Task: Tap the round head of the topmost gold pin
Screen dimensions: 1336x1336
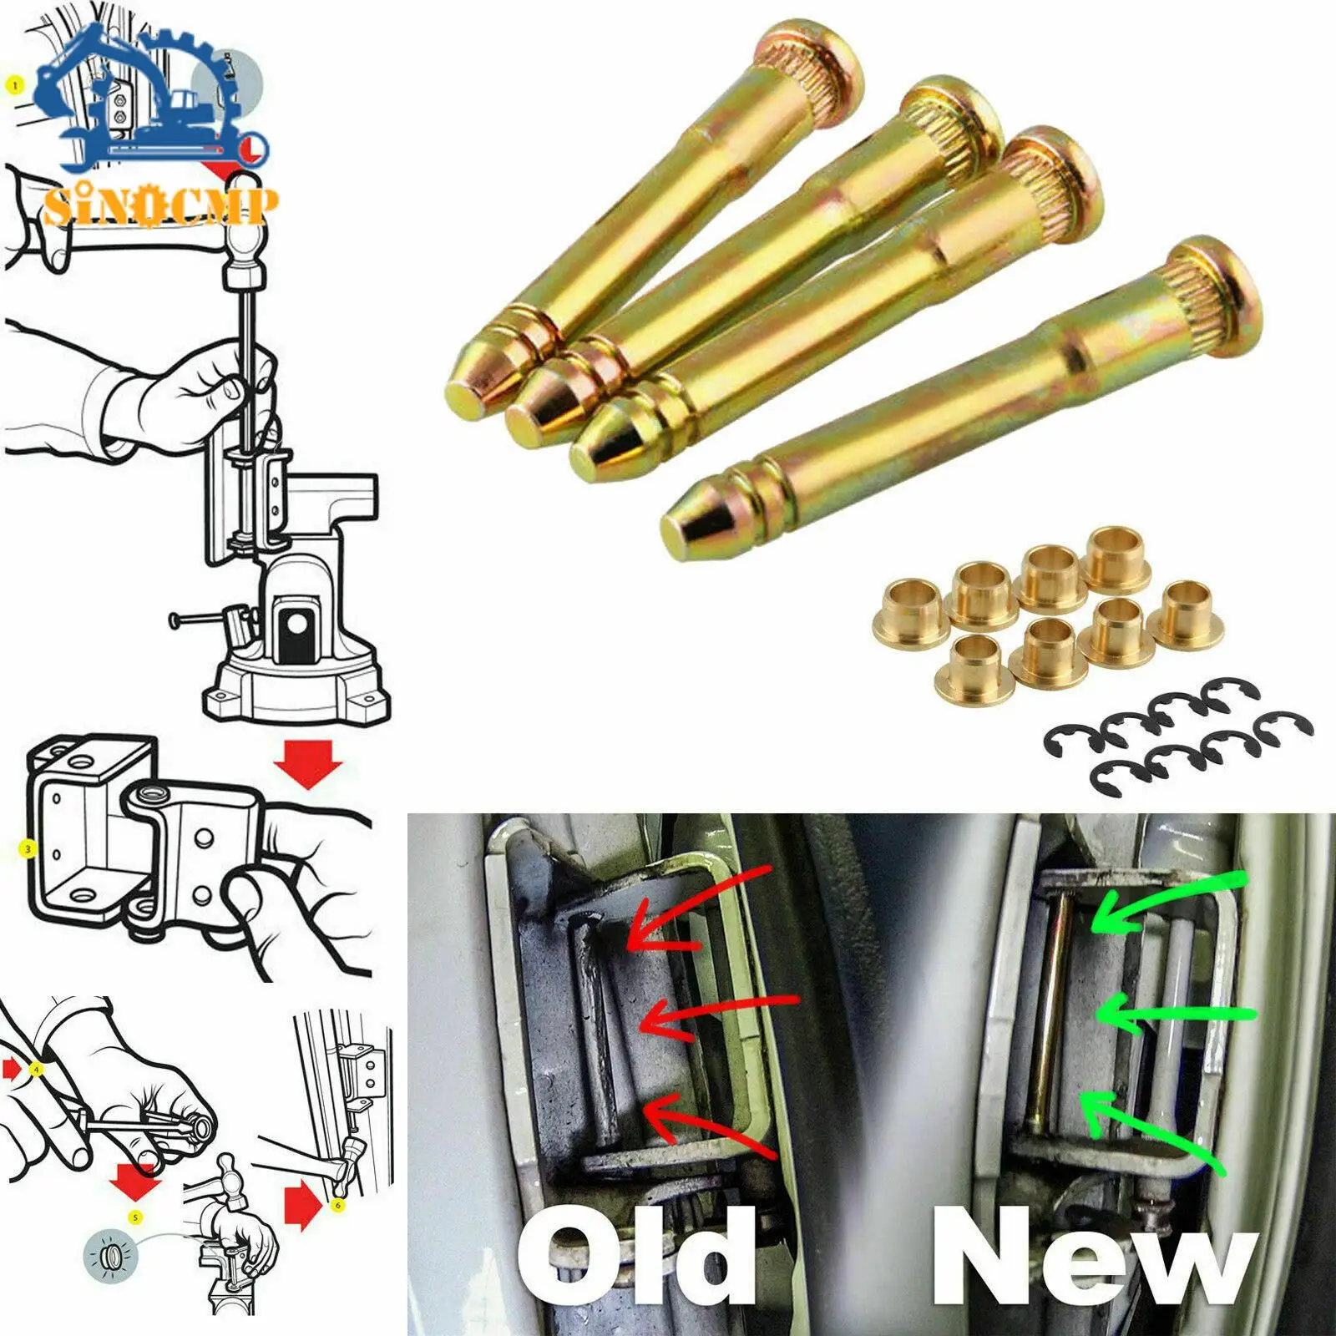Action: click(822, 60)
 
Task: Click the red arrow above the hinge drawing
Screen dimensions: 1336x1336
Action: click(309, 765)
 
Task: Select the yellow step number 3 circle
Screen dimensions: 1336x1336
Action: click(28, 849)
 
